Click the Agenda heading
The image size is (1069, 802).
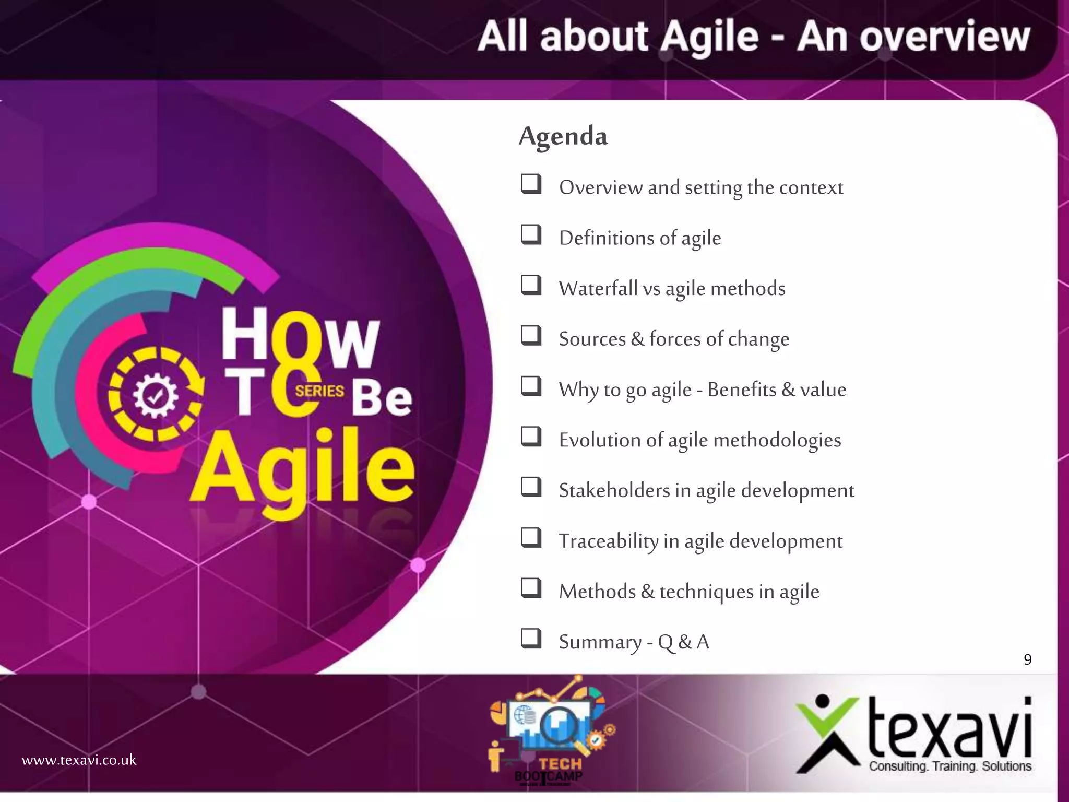[563, 136]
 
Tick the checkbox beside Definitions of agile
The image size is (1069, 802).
[531, 235]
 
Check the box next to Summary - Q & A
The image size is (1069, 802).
[531, 639]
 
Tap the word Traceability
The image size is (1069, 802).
[608, 541]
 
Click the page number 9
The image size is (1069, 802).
[1027, 659]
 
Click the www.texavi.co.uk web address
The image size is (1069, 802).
[79, 760]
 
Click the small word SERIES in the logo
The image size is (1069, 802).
[319, 391]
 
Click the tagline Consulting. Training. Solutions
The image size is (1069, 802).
[950, 766]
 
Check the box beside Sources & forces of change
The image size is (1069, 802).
[531, 336]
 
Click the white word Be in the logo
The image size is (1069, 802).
[381, 398]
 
